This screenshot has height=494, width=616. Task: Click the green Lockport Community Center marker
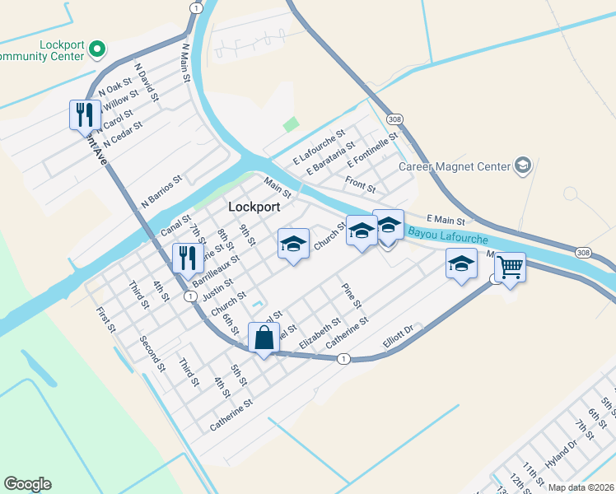click(96, 49)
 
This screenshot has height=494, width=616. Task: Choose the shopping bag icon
click(264, 338)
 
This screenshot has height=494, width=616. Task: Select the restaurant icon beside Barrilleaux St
click(187, 258)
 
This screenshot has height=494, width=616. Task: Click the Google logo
click(27, 484)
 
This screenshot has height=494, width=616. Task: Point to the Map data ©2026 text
click(580, 487)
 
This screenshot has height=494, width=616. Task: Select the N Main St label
click(186, 63)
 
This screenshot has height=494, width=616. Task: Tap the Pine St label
click(352, 296)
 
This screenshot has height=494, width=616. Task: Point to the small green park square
click(290, 124)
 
